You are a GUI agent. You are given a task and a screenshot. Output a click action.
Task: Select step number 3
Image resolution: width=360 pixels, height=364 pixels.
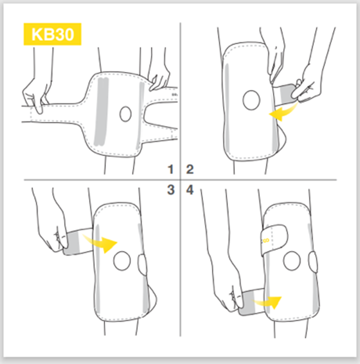point(171,190)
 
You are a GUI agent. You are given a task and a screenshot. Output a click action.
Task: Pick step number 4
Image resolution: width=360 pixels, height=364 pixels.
point(190,190)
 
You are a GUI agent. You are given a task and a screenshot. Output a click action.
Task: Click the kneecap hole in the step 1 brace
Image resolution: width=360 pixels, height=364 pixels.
point(126,114)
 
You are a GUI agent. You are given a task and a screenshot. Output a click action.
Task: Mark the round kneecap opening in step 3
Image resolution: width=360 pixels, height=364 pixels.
point(122,261)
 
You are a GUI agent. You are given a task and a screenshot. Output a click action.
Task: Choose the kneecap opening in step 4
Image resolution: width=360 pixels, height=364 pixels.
point(291,260)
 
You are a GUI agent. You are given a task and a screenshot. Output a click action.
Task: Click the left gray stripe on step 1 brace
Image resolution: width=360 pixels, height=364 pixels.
point(101,110)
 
